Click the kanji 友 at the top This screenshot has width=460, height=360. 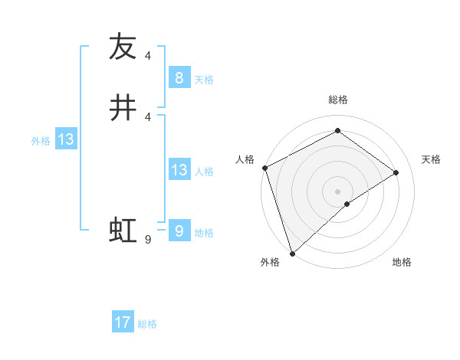(x=123, y=47)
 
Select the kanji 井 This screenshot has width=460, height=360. (x=123, y=107)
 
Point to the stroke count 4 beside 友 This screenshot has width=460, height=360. (x=147, y=55)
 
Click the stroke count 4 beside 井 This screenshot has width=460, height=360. (x=147, y=116)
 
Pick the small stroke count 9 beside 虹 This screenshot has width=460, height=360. (x=147, y=240)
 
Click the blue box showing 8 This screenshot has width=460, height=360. (x=179, y=78)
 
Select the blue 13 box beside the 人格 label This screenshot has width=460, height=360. (x=179, y=170)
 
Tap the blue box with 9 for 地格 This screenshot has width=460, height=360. (x=179, y=231)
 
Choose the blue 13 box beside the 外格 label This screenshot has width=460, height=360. (x=65, y=139)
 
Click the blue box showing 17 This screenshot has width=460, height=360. (x=123, y=322)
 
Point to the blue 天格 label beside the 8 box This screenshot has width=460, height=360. (x=204, y=80)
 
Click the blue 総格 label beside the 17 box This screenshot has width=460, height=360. (x=147, y=324)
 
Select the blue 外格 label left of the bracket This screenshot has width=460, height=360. (x=41, y=141)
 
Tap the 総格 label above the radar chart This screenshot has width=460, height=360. (x=337, y=100)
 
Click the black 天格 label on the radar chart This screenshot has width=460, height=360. (x=432, y=159)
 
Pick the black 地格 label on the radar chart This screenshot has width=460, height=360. (x=402, y=262)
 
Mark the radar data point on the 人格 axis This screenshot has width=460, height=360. (x=264, y=168)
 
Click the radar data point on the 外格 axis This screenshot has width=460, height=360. (x=292, y=253)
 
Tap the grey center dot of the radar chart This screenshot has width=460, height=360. (x=337, y=191)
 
